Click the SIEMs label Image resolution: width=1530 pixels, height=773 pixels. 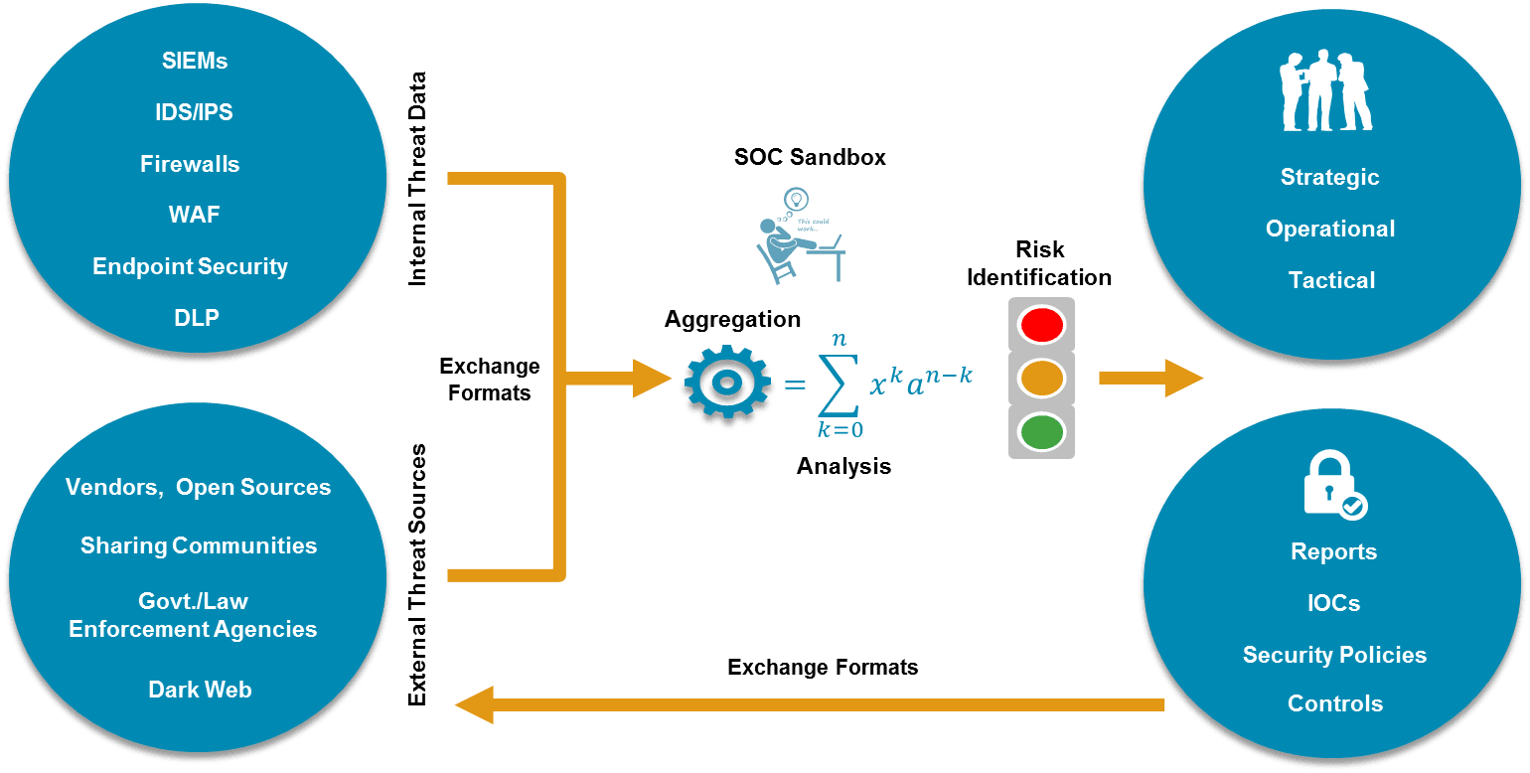[195, 61]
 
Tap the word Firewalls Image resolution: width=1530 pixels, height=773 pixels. [190, 164]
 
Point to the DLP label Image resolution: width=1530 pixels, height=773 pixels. [197, 318]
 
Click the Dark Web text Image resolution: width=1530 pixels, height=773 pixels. [200, 690]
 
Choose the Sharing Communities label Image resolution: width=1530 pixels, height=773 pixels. [199, 545]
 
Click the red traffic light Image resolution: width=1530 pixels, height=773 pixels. [1041, 323]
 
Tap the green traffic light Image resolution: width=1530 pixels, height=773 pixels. [1041, 432]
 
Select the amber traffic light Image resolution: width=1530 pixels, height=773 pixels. [1041, 378]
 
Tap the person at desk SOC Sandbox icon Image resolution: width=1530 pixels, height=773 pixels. [797, 234]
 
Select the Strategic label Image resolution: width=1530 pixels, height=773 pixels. [1329, 177]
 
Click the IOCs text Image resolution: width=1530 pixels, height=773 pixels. [1333, 603]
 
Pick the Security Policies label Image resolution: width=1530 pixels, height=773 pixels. [1334, 655]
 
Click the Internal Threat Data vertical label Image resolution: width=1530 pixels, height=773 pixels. [417, 179]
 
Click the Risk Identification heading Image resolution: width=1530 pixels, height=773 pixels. [1039, 263]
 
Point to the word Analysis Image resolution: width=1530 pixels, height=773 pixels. [843, 465]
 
